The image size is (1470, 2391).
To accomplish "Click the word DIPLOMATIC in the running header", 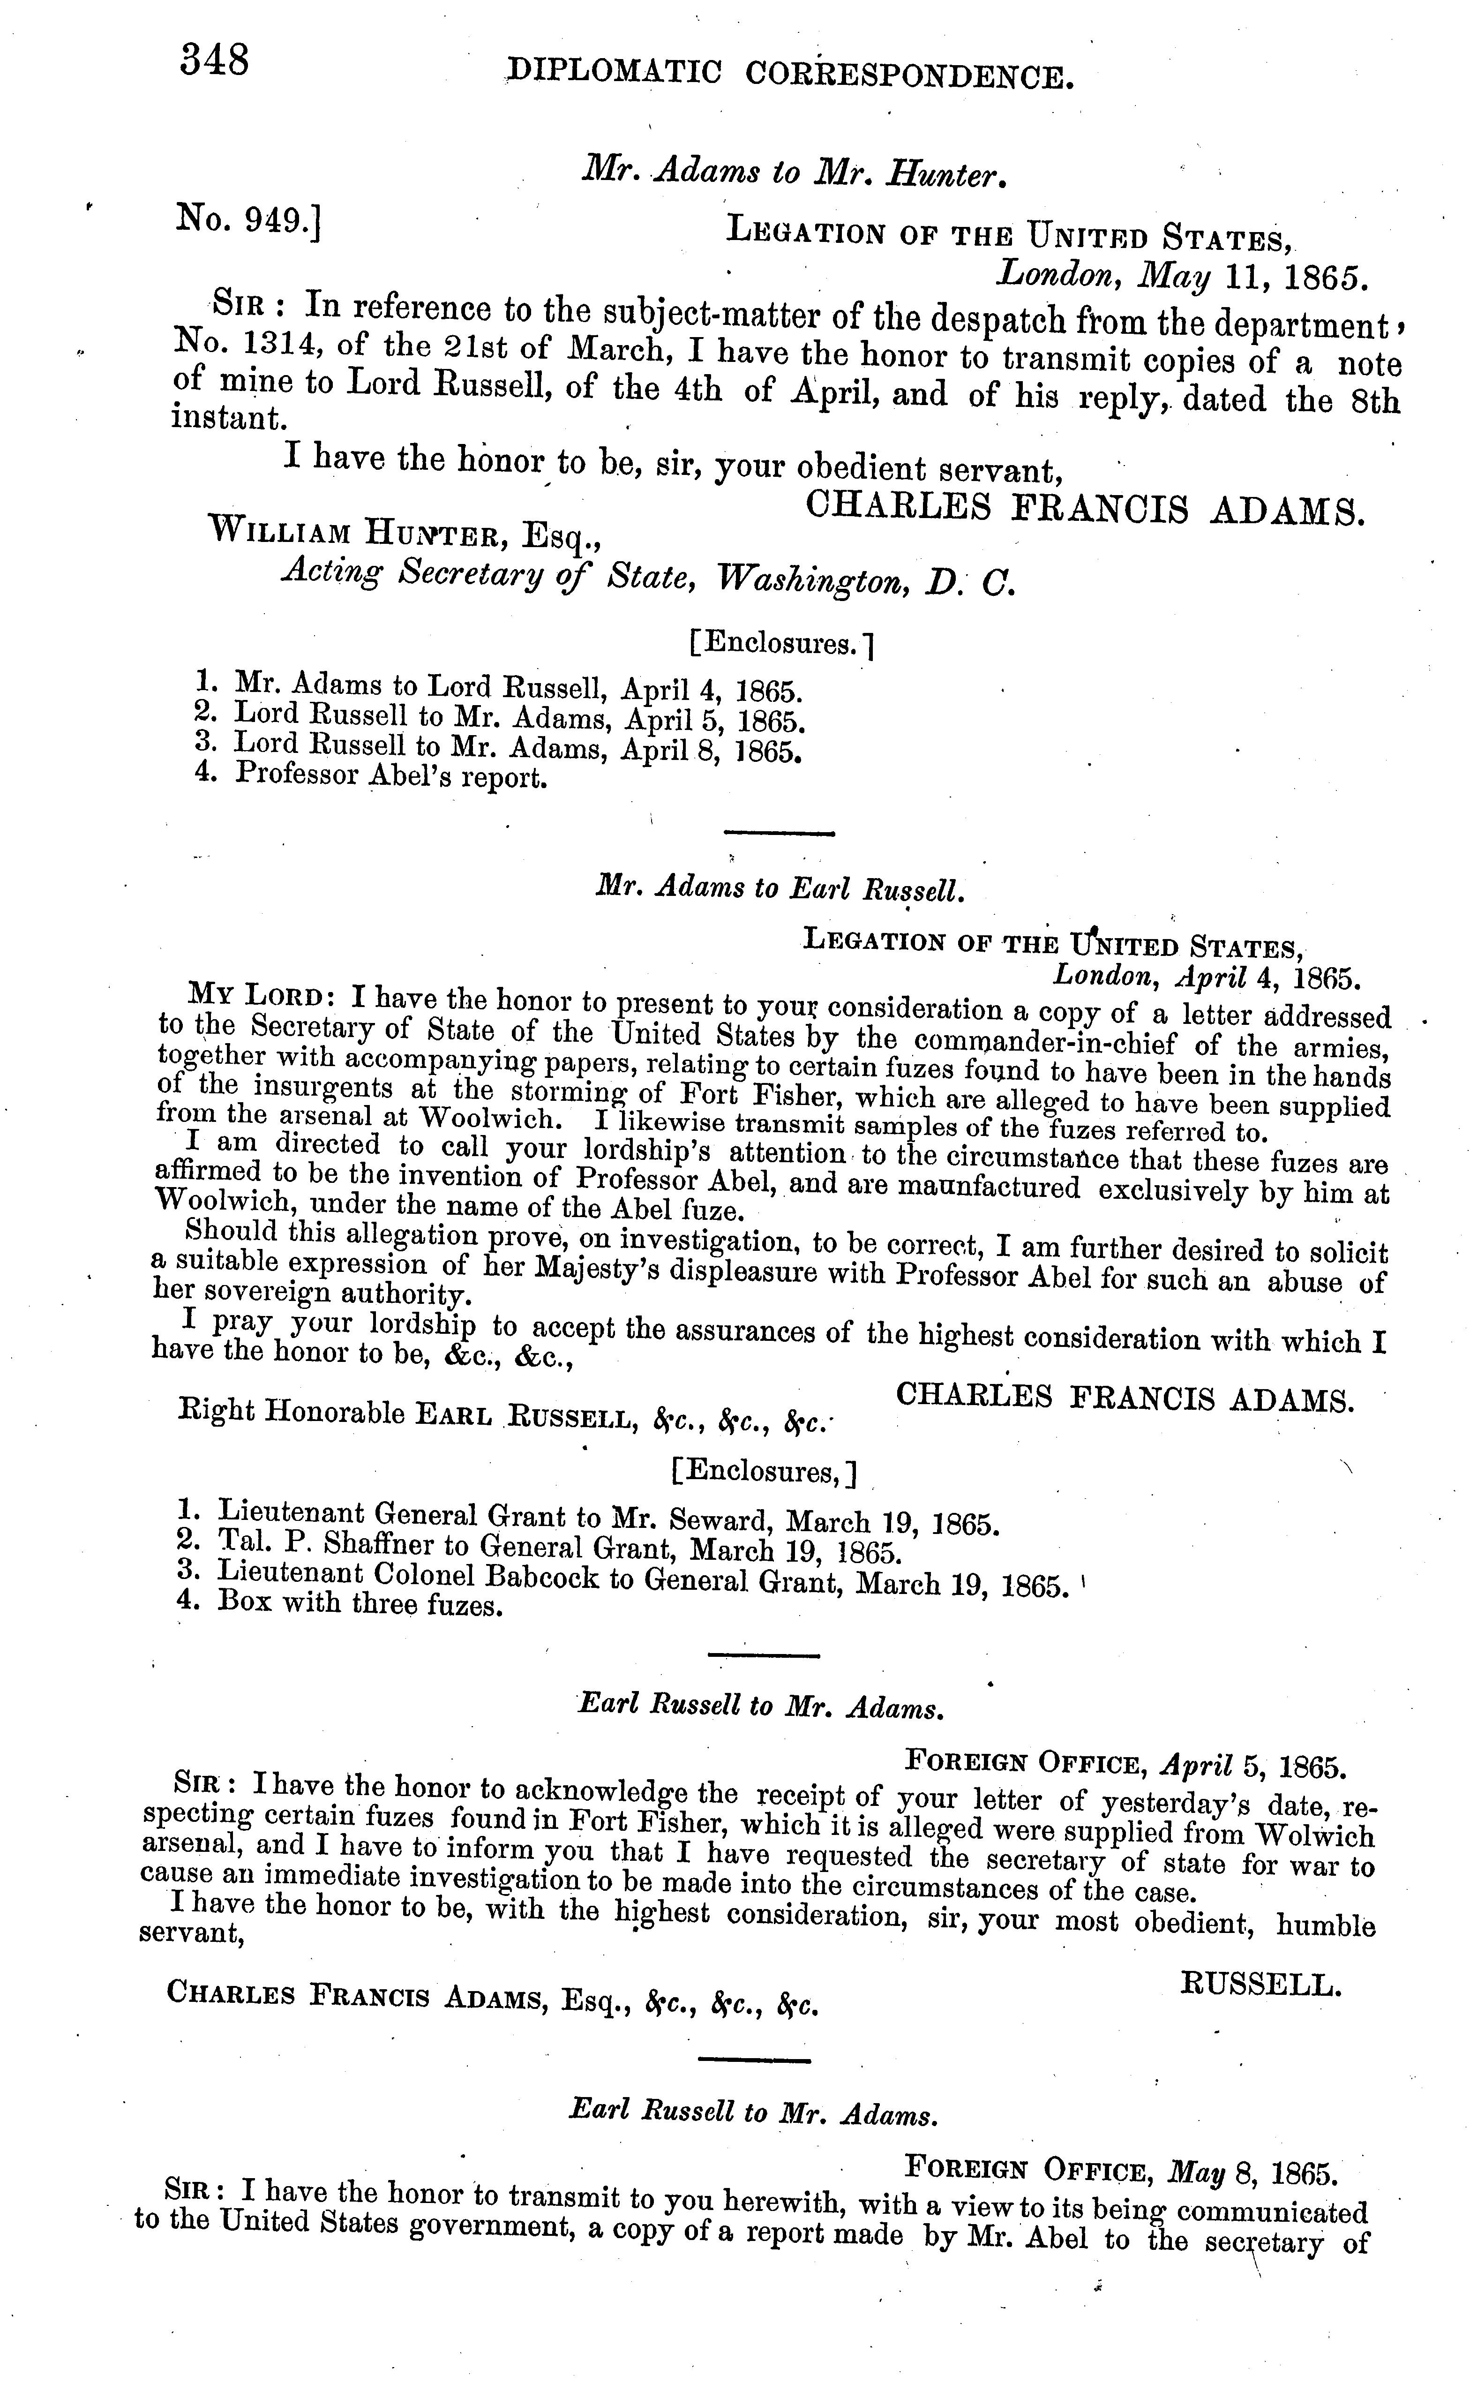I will pyautogui.click(x=615, y=72).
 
